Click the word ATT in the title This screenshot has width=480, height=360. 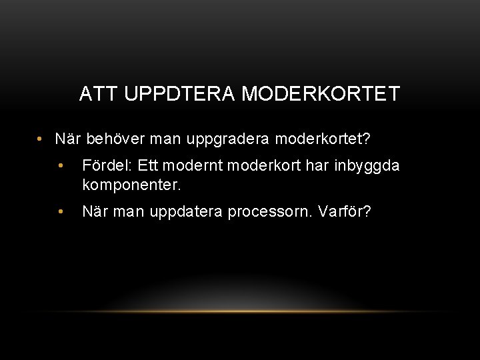tap(95, 94)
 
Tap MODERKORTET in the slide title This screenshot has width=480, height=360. tap(321, 94)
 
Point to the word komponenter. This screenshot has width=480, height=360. tap(131, 183)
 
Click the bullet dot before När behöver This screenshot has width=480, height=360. tap(41, 139)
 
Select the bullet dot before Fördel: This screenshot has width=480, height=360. tap(60, 166)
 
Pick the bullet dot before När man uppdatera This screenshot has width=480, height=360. tap(60, 212)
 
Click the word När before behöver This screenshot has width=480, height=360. tap(67, 139)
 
